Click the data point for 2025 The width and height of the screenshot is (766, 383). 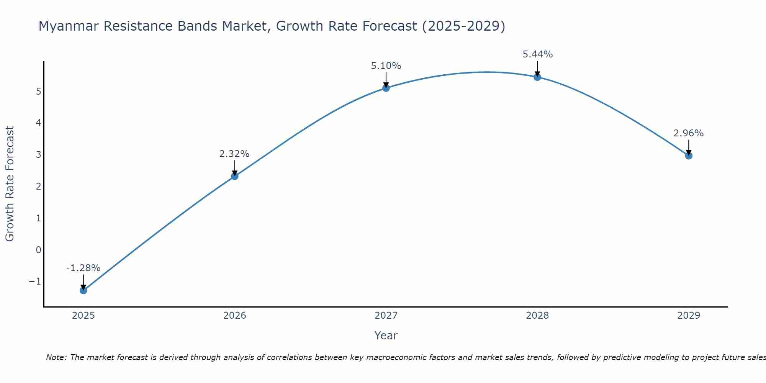[83, 290]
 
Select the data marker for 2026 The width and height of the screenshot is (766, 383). [234, 176]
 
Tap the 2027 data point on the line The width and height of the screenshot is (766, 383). [386, 88]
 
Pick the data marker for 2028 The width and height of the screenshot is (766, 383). [537, 77]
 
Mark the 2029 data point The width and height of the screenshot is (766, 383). [689, 156]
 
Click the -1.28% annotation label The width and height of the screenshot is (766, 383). [83, 268]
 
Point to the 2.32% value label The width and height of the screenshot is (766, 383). [234, 154]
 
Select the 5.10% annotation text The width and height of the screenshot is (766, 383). [386, 66]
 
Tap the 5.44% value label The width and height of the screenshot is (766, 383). [537, 54]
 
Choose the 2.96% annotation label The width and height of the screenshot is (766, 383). [689, 133]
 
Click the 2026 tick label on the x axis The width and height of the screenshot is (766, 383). [234, 316]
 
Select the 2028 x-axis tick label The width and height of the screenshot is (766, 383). [537, 316]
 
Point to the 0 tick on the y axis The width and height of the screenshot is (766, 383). [38, 250]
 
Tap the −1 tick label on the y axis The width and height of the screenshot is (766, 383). [35, 282]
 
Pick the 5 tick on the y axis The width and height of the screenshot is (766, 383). [38, 92]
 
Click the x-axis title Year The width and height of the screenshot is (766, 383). [386, 336]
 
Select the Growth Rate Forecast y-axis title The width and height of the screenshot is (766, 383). [10, 184]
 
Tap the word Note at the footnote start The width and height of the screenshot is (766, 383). [56, 357]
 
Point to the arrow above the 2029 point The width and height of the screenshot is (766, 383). [689, 147]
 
